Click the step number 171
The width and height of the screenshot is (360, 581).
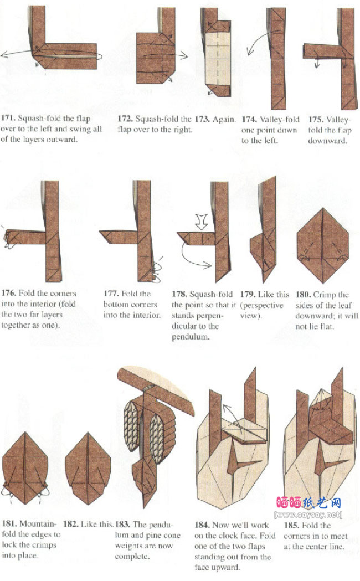click(x=8, y=118)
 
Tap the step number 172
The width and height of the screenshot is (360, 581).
click(x=125, y=119)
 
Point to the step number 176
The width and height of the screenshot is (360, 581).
click(x=8, y=293)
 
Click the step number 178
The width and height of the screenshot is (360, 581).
click(x=179, y=294)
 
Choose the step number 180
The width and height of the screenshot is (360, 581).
click(x=303, y=295)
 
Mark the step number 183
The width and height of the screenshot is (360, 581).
click(x=122, y=525)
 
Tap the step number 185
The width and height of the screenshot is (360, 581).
click(x=291, y=525)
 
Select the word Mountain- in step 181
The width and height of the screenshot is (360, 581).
click(x=38, y=523)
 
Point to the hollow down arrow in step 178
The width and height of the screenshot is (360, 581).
click(x=201, y=222)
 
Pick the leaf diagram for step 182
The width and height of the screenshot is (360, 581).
click(x=88, y=469)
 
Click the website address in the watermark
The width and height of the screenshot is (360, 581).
click(x=308, y=515)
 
